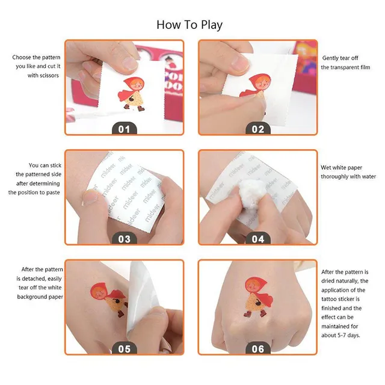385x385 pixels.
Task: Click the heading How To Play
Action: pos(189,25)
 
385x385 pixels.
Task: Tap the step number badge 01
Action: pos(125,128)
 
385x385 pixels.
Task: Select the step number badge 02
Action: pos(258,128)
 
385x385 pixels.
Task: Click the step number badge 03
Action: pos(125,238)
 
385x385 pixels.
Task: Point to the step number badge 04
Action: pos(258,238)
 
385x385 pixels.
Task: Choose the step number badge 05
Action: pos(125,348)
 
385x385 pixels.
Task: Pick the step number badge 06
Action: pos(258,348)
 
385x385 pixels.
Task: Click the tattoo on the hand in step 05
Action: pos(109,300)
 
